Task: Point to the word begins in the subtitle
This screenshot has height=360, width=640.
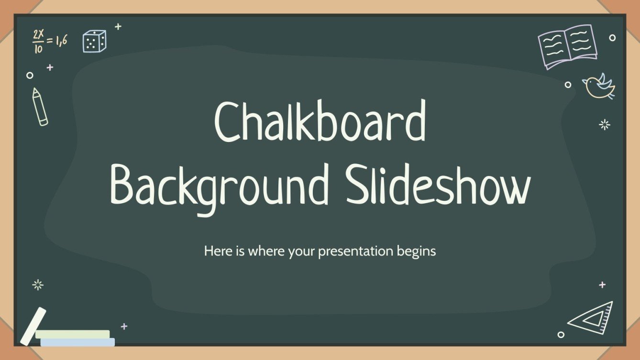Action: (x=416, y=251)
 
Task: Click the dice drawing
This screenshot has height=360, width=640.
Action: (x=94, y=41)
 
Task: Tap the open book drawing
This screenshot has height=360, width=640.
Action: (x=567, y=47)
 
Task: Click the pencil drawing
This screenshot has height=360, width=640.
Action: (x=40, y=107)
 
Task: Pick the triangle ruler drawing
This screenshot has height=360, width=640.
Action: (x=592, y=317)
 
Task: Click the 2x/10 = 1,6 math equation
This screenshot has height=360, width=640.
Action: (x=49, y=41)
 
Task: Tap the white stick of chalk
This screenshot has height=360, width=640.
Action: (x=33, y=326)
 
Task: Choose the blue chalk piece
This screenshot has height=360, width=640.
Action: (x=77, y=342)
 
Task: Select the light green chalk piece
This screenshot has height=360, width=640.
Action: (x=73, y=334)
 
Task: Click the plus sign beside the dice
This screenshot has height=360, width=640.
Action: (x=118, y=27)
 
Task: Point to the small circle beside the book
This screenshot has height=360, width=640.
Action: (x=612, y=38)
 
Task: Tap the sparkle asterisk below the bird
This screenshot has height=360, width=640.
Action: (x=605, y=125)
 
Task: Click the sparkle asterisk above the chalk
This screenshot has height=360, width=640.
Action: (x=38, y=285)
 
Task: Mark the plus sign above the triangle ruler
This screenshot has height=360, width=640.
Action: (x=602, y=285)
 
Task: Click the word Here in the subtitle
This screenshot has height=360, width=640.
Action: (x=215, y=251)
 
